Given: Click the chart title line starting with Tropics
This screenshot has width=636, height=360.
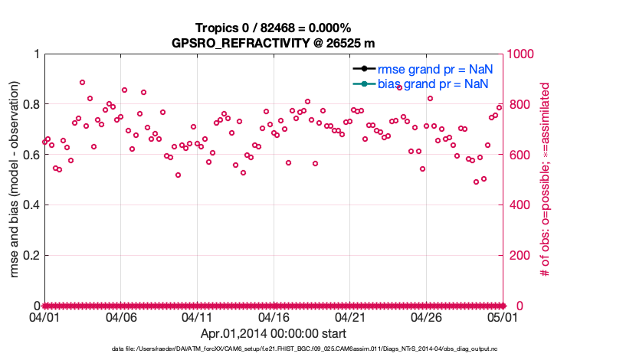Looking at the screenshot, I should coord(273,28).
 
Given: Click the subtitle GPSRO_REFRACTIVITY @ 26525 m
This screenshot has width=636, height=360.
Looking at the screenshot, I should coord(273,43).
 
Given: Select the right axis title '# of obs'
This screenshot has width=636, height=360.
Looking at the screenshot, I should coord(545,180).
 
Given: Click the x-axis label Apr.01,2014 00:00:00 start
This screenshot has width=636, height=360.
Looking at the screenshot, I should coord(273,333).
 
